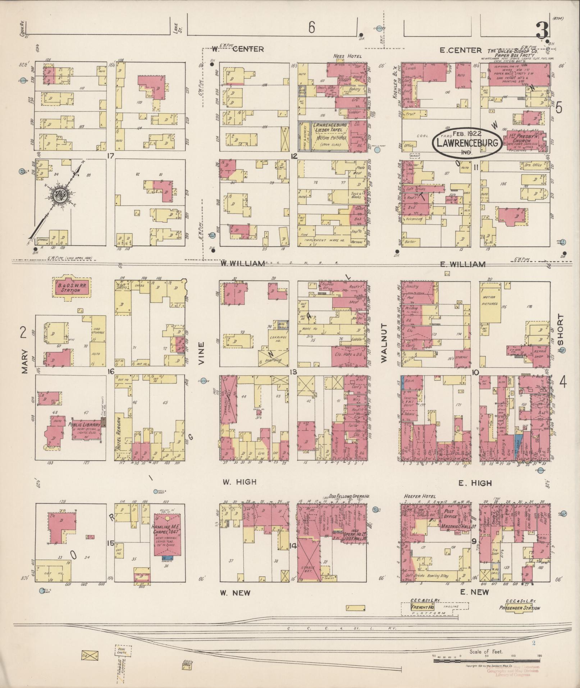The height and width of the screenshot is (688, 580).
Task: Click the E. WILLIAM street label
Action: (x=462, y=264)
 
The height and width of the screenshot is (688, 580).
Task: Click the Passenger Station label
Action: (x=519, y=608)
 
